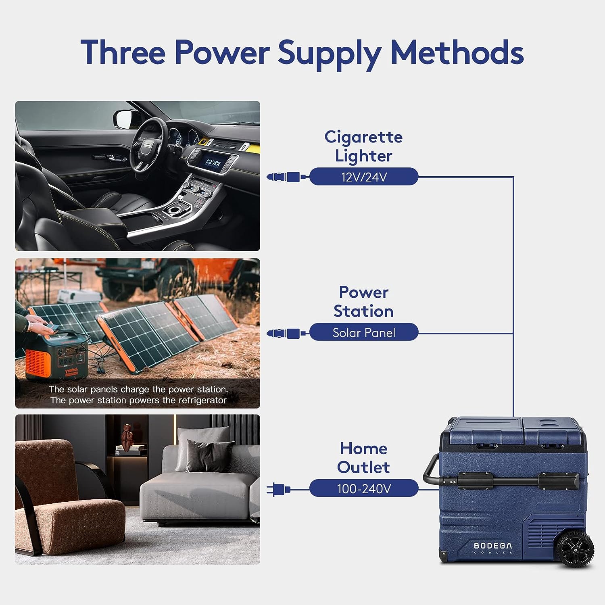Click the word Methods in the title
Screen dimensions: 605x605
click(x=457, y=52)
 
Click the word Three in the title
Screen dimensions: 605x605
click(x=123, y=52)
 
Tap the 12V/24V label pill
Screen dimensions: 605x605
click(x=364, y=177)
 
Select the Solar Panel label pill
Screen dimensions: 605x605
click(x=364, y=332)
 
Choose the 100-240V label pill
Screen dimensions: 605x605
click(x=364, y=488)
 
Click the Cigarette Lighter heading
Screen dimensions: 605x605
click(x=364, y=146)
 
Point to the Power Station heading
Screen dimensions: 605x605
click(x=364, y=302)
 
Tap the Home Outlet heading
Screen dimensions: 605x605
click(x=364, y=458)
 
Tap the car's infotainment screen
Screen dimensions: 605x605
click(x=213, y=163)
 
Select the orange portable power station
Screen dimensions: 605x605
click(x=56, y=355)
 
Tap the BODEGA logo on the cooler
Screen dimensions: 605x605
click(x=493, y=546)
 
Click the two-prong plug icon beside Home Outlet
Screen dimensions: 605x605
click(x=278, y=489)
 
